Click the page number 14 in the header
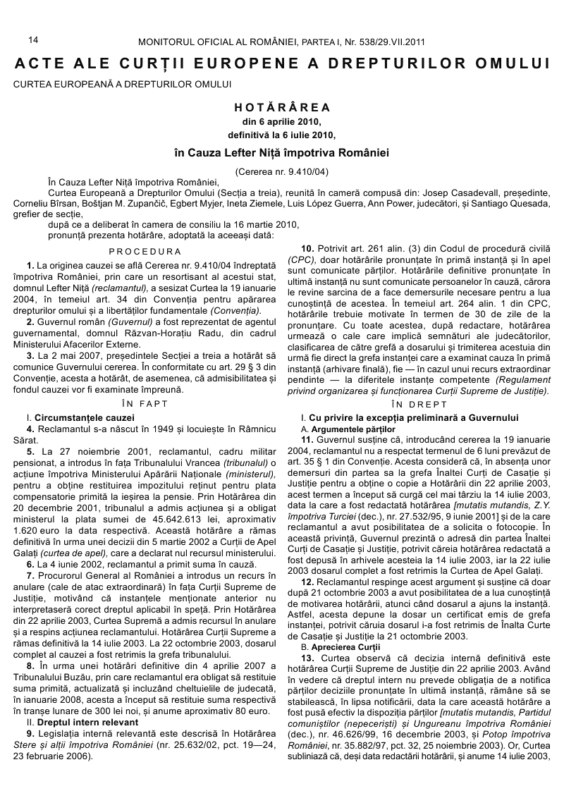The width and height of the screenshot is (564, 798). pyautogui.click(x=32, y=42)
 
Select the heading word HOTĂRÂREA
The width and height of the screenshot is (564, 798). pyautogui.click(x=282, y=108)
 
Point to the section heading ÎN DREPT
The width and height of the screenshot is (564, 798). pyautogui.click(x=423, y=405)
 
